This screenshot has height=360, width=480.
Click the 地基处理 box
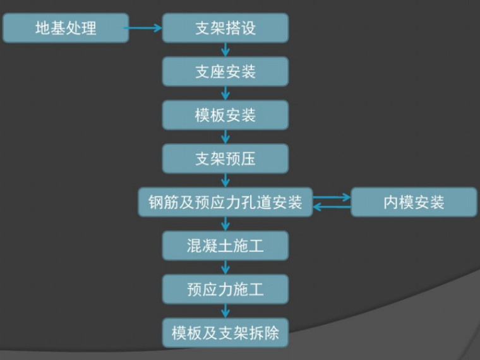pos(66,28)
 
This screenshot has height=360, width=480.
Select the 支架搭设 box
pos(225,28)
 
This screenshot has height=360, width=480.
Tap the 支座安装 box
pos(225,71)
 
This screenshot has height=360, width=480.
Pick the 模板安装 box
pos(225,115)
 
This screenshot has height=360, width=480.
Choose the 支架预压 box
pos(225,158)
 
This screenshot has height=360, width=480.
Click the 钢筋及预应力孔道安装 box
pos(225,202)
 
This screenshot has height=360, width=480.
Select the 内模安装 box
pos(414,202)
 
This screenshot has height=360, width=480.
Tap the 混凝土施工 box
pos(225,245)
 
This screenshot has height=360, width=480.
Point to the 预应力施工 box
pos(225,289)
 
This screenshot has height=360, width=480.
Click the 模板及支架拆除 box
pos(225,332)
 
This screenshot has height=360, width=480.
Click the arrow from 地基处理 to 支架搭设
pos(145,28)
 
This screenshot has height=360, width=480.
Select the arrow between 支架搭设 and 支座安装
pos(225,50)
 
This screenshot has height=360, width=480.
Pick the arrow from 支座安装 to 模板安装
pos(225,93)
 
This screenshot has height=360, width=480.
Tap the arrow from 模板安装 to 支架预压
pos(225,136)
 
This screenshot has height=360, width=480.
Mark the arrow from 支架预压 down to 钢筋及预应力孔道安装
pos(225,179)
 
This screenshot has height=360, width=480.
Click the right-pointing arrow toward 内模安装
pos(332,197)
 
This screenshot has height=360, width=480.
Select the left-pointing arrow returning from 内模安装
pos(332,207)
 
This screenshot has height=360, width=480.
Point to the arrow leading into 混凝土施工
pos(225,224)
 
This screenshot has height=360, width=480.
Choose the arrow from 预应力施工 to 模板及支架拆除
pos(225,310)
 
